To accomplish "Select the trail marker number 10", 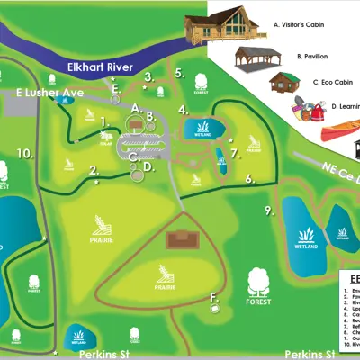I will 25,153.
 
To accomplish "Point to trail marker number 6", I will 248,178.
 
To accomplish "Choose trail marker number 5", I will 179,73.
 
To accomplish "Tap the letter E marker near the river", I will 115,87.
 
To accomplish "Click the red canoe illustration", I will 339,134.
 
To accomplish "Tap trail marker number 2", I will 94,169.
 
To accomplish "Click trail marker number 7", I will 234,152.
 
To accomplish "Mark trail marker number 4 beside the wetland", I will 183,111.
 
